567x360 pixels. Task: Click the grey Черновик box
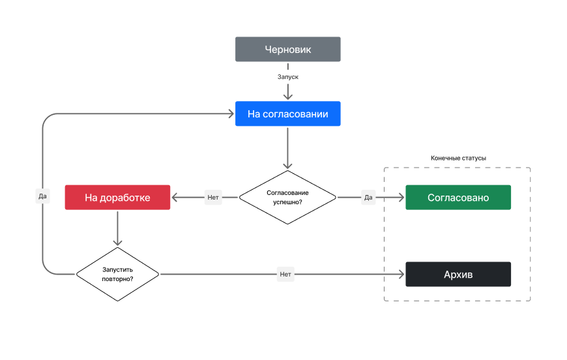[288, 49]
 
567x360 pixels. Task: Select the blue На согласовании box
[288, 113]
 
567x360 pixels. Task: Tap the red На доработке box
[117, 197]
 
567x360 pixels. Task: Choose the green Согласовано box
[458, 197]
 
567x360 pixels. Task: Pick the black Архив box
[458, 275]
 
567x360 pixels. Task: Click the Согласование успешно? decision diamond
[288, 197]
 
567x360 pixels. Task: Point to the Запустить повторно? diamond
[117, 275]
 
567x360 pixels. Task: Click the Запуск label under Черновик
[288, 77]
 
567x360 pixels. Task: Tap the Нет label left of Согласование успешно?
[213, 197]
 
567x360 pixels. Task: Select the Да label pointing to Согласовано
[368, 197]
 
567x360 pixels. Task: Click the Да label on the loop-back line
[42, 196]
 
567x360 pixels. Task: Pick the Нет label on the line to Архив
[285, 275]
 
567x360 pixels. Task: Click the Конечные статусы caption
[458, 158]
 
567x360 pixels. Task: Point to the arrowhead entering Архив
[401, 275]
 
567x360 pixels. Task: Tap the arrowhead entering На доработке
[175, 197]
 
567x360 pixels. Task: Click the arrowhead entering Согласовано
[401, 197]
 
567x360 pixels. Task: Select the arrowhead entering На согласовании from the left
[231, 113]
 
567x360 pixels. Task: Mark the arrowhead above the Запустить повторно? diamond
[117, 243]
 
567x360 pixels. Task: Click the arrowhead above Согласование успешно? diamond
[288, 166]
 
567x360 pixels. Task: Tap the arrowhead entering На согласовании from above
[288, 97]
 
